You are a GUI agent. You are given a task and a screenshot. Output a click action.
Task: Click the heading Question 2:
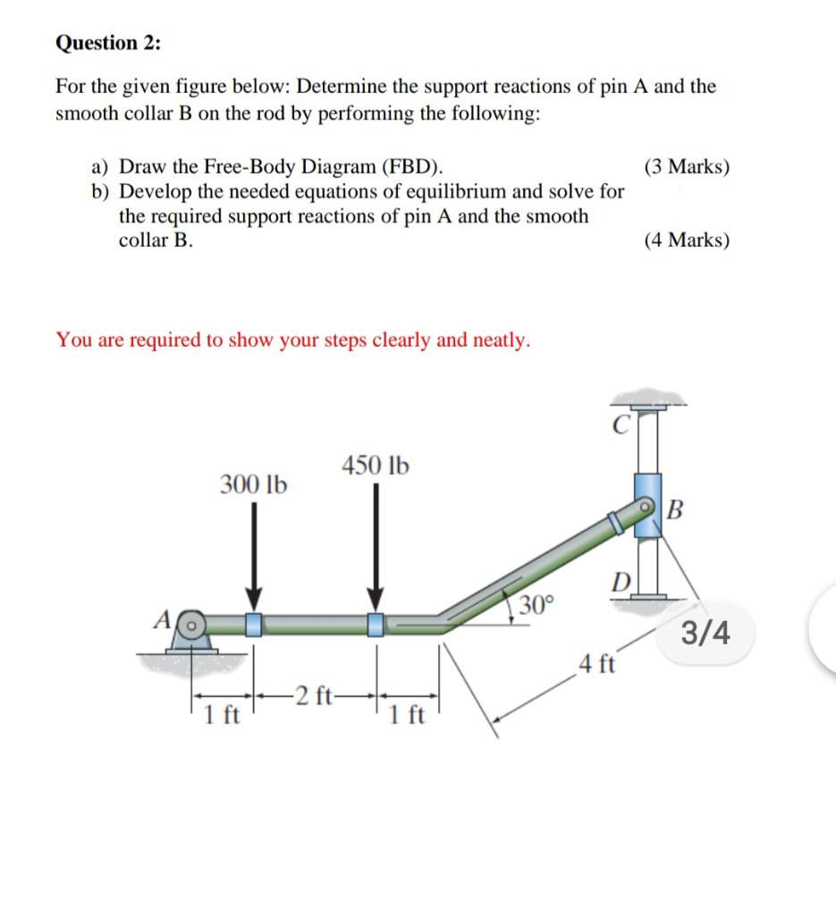(104, 42)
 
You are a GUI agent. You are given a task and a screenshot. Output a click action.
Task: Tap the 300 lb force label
(254, 485)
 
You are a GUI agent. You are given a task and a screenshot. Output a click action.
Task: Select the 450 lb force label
(376, 465)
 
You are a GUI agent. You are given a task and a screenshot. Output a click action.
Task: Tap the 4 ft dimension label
(596, 664)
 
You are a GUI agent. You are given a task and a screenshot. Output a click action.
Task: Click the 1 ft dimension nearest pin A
(220, 716)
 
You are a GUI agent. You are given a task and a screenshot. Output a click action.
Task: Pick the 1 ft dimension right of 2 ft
(407, 716)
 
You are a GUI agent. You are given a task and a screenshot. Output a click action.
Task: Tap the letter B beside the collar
(676, 511)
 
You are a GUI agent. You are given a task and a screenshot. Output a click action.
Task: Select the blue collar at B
(646, 504)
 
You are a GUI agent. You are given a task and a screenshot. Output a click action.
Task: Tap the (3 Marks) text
(686, 167)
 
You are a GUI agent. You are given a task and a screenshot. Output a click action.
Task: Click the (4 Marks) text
(686, 239)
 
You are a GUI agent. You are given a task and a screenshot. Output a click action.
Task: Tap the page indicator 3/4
(705, 634)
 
